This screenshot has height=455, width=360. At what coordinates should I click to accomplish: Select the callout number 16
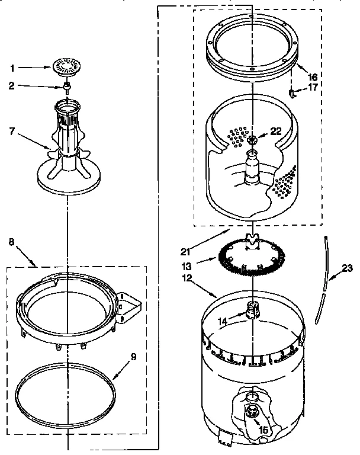pos(313,76)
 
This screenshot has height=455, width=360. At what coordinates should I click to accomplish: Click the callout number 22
pos(275,132)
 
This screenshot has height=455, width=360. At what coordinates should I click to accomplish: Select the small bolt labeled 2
pos(67,87)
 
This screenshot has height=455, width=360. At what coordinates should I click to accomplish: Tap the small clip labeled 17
pos(292,92)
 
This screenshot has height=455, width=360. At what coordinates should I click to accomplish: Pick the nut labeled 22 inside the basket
pos(253,139)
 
